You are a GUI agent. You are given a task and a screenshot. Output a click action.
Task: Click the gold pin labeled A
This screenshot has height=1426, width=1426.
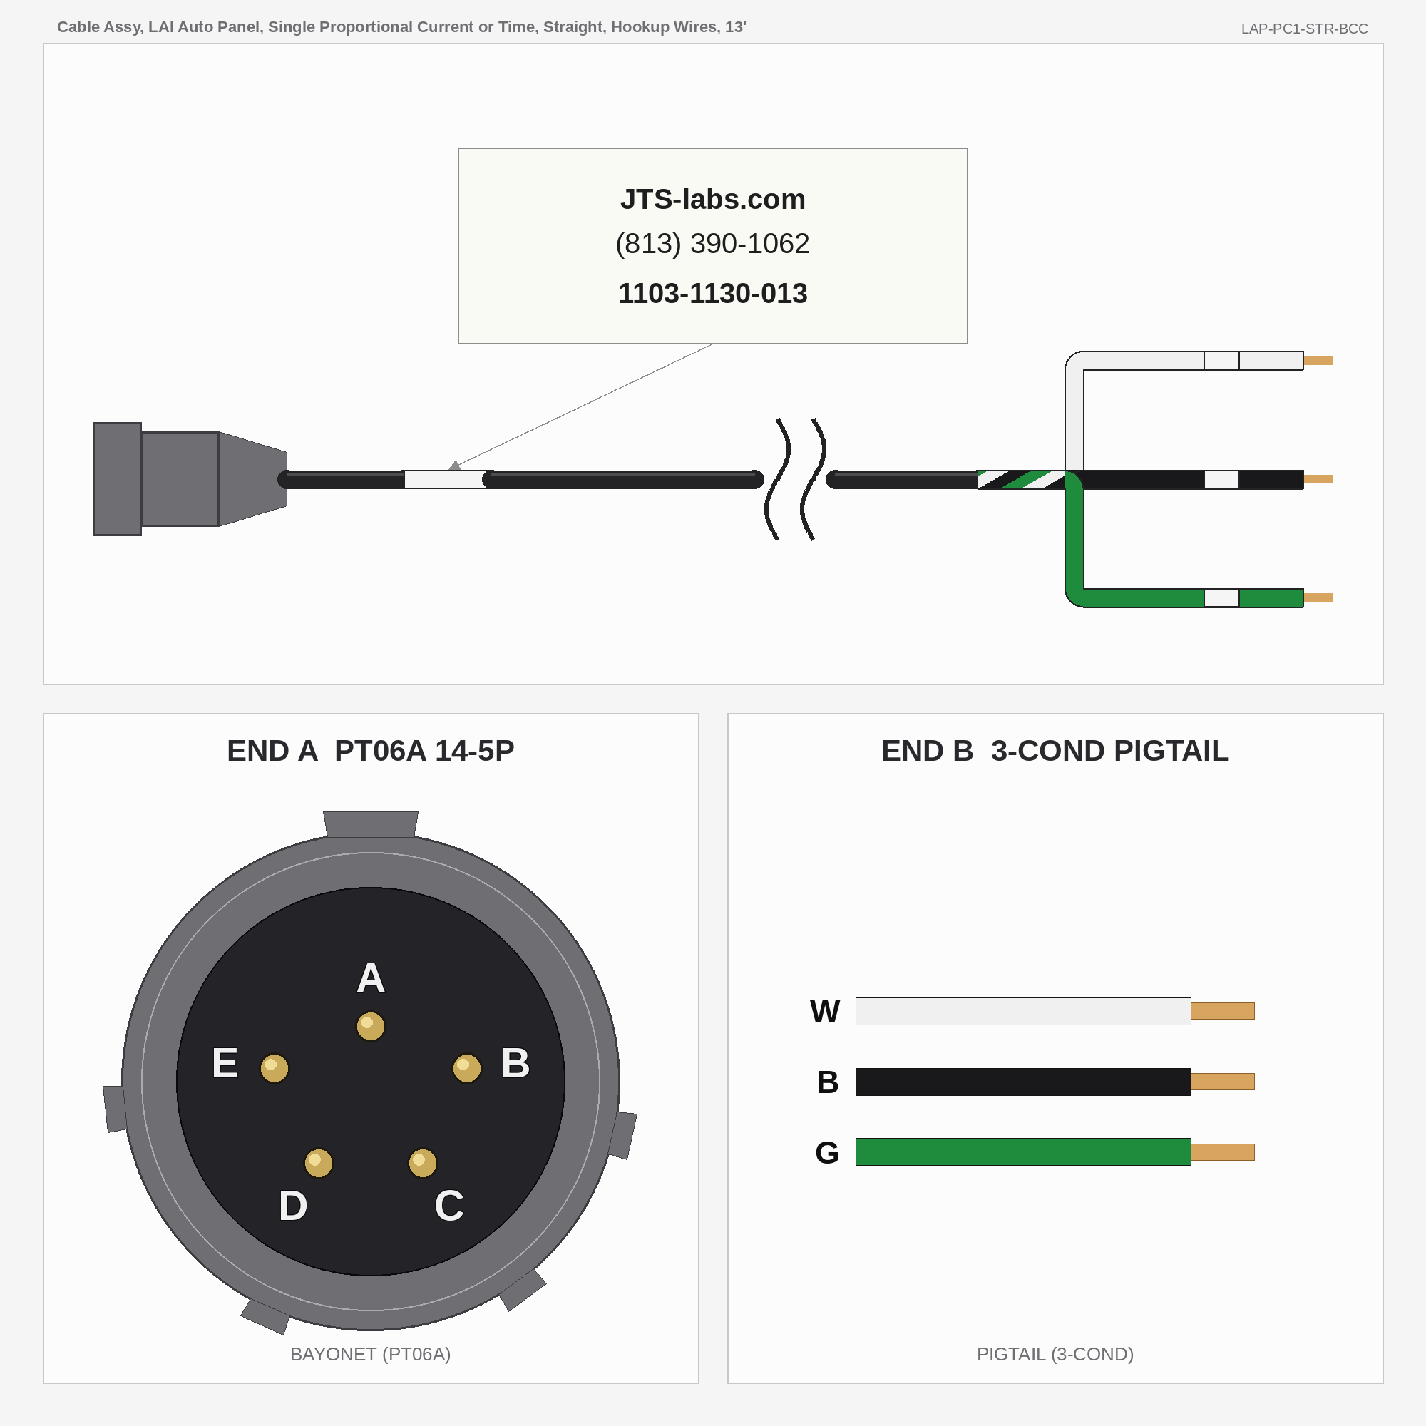[x=371, y=1026]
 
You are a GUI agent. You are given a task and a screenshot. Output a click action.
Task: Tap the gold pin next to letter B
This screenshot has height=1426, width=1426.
[x=466, y=1068]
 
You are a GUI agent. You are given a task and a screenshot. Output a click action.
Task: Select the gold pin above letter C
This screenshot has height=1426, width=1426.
[x=422, y=1163]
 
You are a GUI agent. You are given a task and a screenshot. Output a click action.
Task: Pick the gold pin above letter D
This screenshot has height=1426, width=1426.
[x=318, y=1163]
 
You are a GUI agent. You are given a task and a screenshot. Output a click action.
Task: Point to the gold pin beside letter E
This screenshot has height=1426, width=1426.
[x=274, y=1068]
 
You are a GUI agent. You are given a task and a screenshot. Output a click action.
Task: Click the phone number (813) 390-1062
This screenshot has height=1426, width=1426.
[x=712, y=244]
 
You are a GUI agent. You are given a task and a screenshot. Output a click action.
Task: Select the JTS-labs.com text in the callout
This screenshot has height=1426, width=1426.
[x=712, y=200]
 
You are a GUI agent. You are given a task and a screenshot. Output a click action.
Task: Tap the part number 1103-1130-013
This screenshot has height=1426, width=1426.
[x=712, y=294]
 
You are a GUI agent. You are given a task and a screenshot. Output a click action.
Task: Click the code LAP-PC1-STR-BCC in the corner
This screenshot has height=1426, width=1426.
[x=1304, y=29]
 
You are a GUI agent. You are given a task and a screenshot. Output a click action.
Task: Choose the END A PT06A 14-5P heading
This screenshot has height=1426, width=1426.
[x=371, y=751]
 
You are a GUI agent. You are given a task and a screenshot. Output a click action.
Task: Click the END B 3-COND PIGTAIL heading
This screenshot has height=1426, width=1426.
[x=1055, y=751]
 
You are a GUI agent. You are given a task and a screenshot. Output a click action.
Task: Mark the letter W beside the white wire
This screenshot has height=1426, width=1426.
[x=824, y=1011]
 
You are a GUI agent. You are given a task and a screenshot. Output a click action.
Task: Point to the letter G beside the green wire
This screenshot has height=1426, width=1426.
[x=826, y=1152]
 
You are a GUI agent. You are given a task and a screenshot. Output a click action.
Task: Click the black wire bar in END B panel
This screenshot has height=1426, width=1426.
[x=1023, y=1082]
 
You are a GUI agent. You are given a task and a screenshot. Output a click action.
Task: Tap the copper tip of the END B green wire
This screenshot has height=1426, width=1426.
[x=1222, y=1152]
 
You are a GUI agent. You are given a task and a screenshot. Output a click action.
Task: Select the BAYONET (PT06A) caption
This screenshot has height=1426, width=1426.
[x=371, y=1354]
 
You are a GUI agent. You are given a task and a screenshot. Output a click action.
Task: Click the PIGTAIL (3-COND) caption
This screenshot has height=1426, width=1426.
[x=1055, y=1354]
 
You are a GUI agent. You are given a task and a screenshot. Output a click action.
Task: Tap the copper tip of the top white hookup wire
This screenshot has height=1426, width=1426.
[x=1318, y=361]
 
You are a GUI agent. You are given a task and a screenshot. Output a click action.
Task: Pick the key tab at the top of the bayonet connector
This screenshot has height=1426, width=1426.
[x=371, y=824]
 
